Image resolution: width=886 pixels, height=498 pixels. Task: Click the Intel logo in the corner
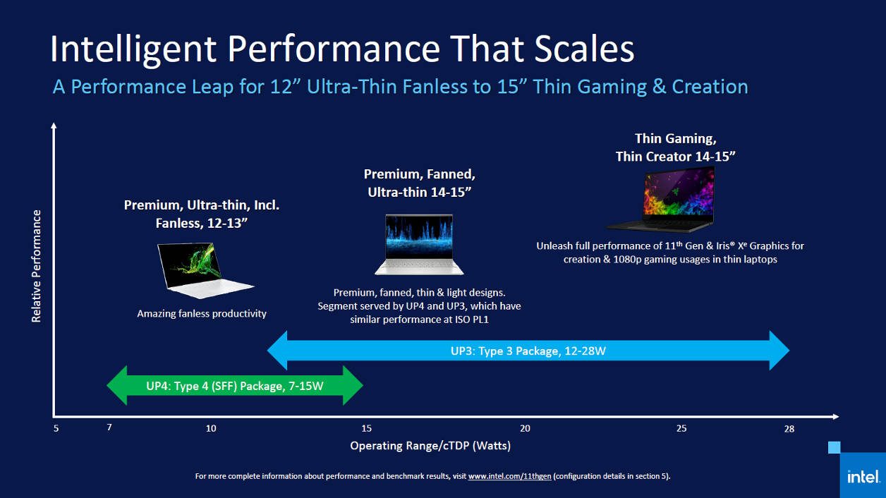pyautogui.click(x=862, y=476)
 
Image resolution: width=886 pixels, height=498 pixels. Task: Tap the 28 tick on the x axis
pyautogui.click(x=789, y=429)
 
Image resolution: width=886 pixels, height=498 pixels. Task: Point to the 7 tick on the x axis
pyautogui.click(x=109, y=428)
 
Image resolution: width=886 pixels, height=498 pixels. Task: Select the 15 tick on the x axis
pyautogui.click(x=366, y=429)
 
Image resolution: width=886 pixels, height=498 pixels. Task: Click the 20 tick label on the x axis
pyautogui.click(x=525, y=429)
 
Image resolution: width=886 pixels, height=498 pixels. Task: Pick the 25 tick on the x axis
pyautogui.click(x=681, y=429)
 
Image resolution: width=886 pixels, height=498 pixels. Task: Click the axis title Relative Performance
pyautogui.click(x=37, y=266)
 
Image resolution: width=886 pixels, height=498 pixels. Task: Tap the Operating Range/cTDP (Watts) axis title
pyautogui.click(x=430, y=446)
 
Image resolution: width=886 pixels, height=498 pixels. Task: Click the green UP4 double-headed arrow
pyautogui.click(x=234, y=386)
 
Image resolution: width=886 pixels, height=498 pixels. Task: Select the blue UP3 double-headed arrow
pyautogui.click(x=528, y=350)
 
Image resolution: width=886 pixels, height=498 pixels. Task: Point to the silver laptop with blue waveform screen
pyautogui.click(x=419, y=244)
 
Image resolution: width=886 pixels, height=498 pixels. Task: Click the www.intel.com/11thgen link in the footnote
pyautogui.click(x=509, y=476)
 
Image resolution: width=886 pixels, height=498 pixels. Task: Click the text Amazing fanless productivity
pyautogui.click(x=202, y=313)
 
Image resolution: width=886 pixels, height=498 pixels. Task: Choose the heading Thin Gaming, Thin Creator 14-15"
pyautogui.click(x=675, y=147)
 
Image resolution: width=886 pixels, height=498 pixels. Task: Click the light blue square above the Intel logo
pyautogui.click(x=834, y=447)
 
